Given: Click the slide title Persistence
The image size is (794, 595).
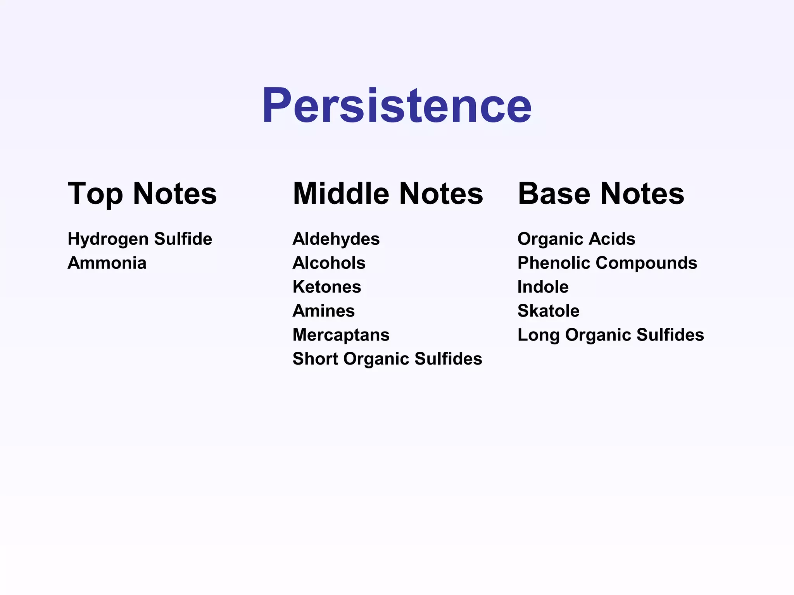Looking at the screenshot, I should click(397, 105).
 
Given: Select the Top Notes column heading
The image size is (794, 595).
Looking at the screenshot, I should click(142, 193).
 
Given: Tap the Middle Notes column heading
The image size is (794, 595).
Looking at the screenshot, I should click(388, 193).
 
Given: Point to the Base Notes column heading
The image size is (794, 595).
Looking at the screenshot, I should click(601, 193).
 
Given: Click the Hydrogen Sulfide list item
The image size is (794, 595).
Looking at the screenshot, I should click(140, 239).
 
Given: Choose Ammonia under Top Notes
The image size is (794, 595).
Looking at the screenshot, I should click(107, 263).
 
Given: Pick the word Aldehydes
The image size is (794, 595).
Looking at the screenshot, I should click(336, 239).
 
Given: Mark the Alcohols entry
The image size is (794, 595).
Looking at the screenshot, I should click(329, 263).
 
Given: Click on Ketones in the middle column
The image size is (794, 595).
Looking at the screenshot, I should click(327, 287).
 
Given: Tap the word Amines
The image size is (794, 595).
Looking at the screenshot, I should click(324, 311).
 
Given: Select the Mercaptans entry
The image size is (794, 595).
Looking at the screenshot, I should click(341, 335).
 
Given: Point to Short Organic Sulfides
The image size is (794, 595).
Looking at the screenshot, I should click(387, 359).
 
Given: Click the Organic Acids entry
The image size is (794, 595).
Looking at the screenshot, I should click(577, 239).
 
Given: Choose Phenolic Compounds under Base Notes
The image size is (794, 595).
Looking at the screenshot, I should click(608, 263).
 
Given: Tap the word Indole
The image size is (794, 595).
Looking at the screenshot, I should click(543, 287).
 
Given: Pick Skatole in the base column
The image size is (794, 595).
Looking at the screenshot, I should click(549, 311).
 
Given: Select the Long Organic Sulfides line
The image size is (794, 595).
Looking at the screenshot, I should click(611, 335).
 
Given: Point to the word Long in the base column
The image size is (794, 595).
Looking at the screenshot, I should click(539, 335).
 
